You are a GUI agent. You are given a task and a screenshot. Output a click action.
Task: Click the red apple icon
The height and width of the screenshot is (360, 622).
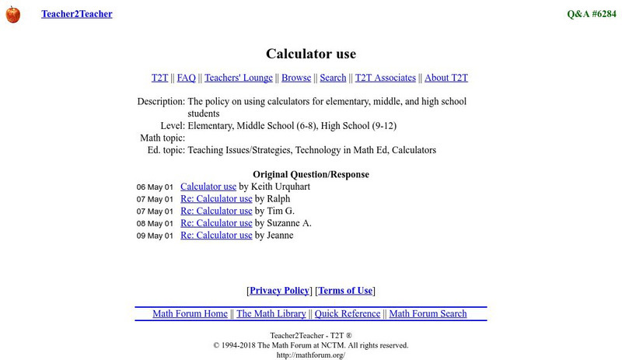click(x=12, y=14)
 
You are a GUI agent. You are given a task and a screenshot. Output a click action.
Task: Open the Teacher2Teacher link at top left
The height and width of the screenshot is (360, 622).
click(x=76, y=14)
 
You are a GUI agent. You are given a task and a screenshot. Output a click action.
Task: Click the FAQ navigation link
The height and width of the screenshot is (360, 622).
click(x=187, y=78)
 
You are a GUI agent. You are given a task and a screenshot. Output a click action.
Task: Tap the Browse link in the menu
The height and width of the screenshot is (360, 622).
click(x=296, y=78)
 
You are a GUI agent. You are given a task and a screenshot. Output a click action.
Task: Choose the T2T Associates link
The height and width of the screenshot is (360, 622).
click(x=386, y=78)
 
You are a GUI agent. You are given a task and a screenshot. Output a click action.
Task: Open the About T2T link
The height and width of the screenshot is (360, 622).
click(x=446, y=78)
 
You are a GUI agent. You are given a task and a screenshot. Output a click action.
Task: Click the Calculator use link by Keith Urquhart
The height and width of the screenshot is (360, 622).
click(x=208, y=187)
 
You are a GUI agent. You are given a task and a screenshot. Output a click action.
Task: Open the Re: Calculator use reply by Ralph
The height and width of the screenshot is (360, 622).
click(x=216, y=199)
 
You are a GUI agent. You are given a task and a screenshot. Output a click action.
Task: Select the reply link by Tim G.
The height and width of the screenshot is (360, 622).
click(x=216, y=211)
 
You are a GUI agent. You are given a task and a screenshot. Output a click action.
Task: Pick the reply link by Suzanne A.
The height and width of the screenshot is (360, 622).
click(x=216, y=223)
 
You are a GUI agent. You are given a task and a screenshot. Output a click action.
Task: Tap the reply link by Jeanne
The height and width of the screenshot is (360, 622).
click(x=216, y=235)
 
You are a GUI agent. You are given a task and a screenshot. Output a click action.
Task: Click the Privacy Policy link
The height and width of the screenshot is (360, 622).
click(x=279, y=291)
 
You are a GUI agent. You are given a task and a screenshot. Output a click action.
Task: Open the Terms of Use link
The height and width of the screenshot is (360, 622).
click(x=345, y=291)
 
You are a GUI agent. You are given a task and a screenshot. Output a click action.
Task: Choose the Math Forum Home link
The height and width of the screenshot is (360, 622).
click(x=190, y=314)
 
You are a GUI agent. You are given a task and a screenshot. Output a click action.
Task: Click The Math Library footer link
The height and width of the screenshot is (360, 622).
click(x=271, y=314)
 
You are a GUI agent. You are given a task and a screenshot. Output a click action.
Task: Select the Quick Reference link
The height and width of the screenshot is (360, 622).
click(x=348, y=314)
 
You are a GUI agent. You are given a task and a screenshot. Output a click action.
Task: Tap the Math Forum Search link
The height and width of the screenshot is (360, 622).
click(x=428, y=314)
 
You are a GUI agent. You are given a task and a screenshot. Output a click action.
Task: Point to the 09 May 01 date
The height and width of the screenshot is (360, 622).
click(x=155, y=236)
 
